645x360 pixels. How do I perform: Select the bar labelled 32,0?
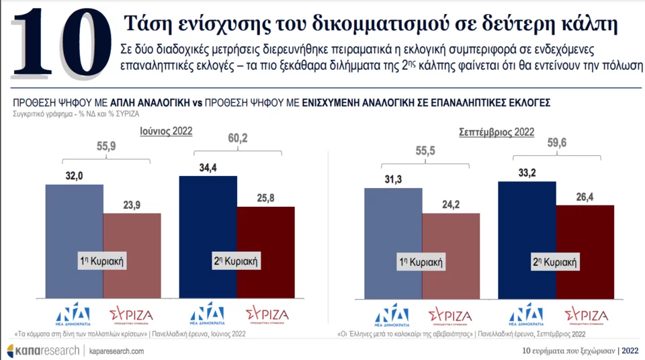tap(75, 228)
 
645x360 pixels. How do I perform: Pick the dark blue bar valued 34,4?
tap(208, 222)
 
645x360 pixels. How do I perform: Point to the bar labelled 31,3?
tap(393, 228)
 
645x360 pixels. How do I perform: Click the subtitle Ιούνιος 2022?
tap(165, 132)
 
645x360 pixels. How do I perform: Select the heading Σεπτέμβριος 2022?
tap(496, 132)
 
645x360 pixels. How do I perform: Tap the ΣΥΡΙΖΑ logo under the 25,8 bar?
tap(266, 315)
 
